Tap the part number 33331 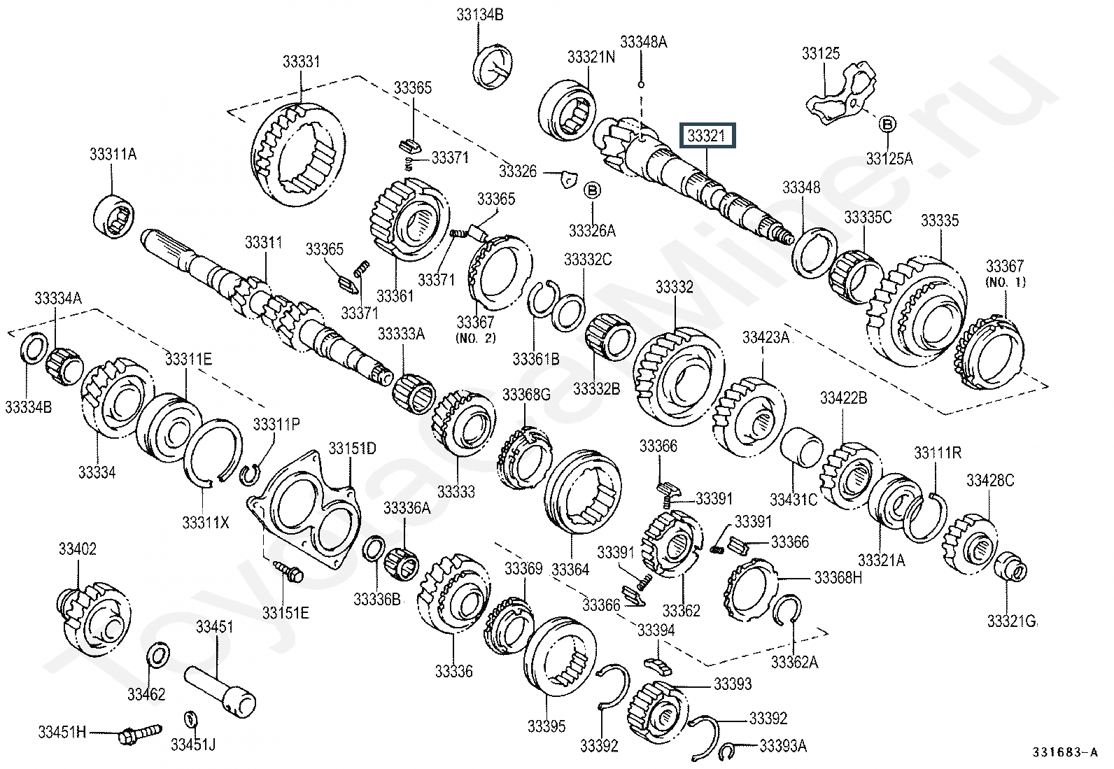click(301, 62)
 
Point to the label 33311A click(112, 154)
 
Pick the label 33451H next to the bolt click(62, 732)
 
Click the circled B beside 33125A click(887, 125)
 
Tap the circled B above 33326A click(592, 190)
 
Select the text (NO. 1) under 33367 click(1005, 282)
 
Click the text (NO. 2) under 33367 click(475, 338)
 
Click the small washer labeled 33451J click(190, 720)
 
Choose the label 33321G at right click(1012, 620)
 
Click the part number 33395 click(547, 726)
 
